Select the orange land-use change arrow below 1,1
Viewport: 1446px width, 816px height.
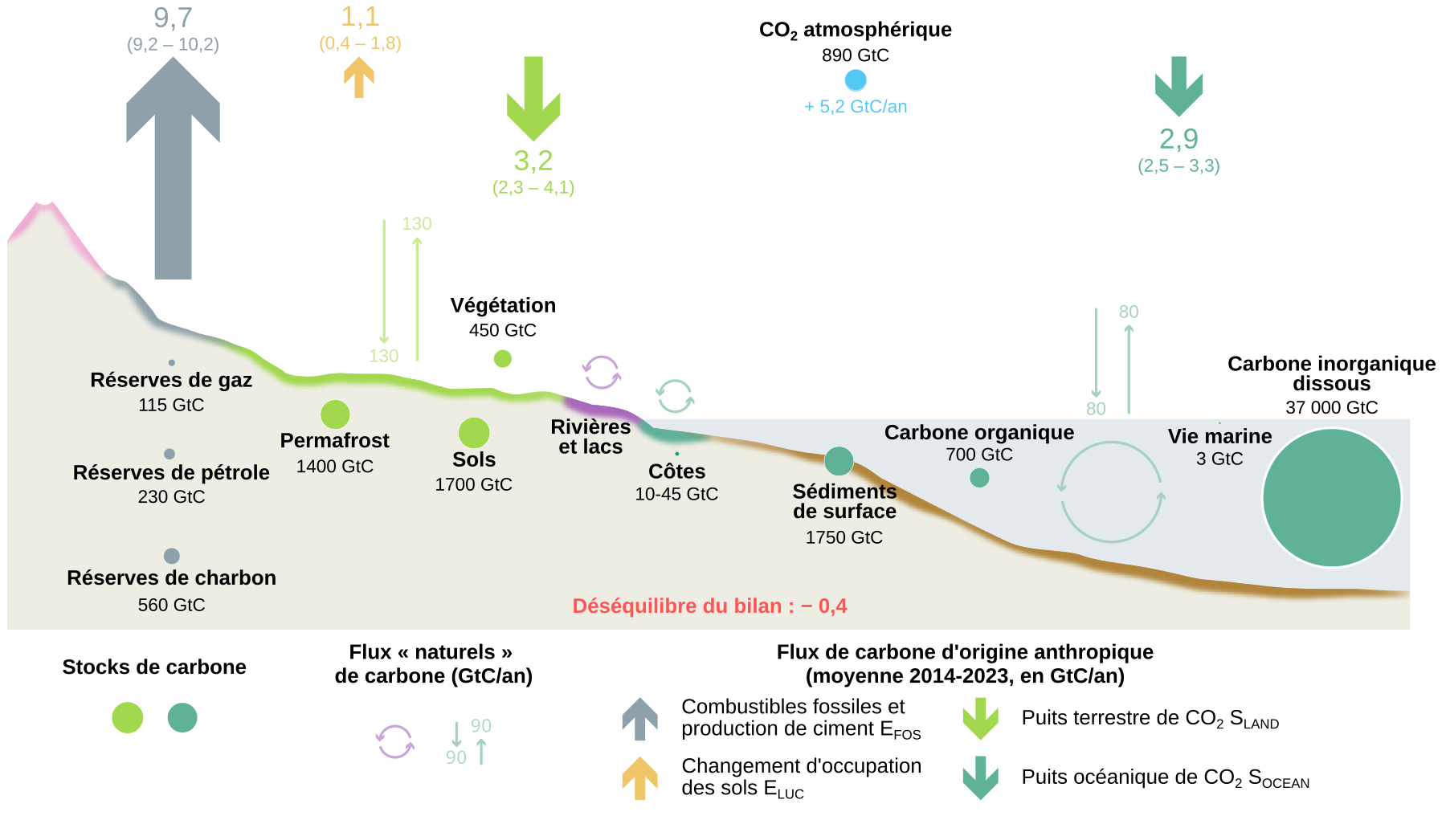click(359, 79)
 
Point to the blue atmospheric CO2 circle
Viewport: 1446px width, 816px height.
click(856, 80)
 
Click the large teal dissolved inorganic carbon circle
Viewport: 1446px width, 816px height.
click(1331, 498)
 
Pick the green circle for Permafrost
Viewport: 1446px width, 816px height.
click(335, 414)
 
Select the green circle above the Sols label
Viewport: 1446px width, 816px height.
click(474, 433)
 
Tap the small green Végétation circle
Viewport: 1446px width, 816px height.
click(503, 359)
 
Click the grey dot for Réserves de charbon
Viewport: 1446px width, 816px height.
click(171, 556)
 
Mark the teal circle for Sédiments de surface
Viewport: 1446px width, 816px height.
click(839, 461)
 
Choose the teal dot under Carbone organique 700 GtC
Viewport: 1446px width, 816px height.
click(979, 478)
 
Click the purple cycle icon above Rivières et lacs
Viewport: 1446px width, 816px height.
click(602, 373)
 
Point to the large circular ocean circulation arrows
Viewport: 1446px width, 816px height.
click(1111, 492)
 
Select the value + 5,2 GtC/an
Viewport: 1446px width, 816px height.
click(856, 107)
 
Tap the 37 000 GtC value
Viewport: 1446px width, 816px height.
click(1331, 408)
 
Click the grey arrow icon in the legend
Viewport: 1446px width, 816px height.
click(640, 718)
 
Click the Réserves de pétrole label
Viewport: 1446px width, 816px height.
click(171, 472)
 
